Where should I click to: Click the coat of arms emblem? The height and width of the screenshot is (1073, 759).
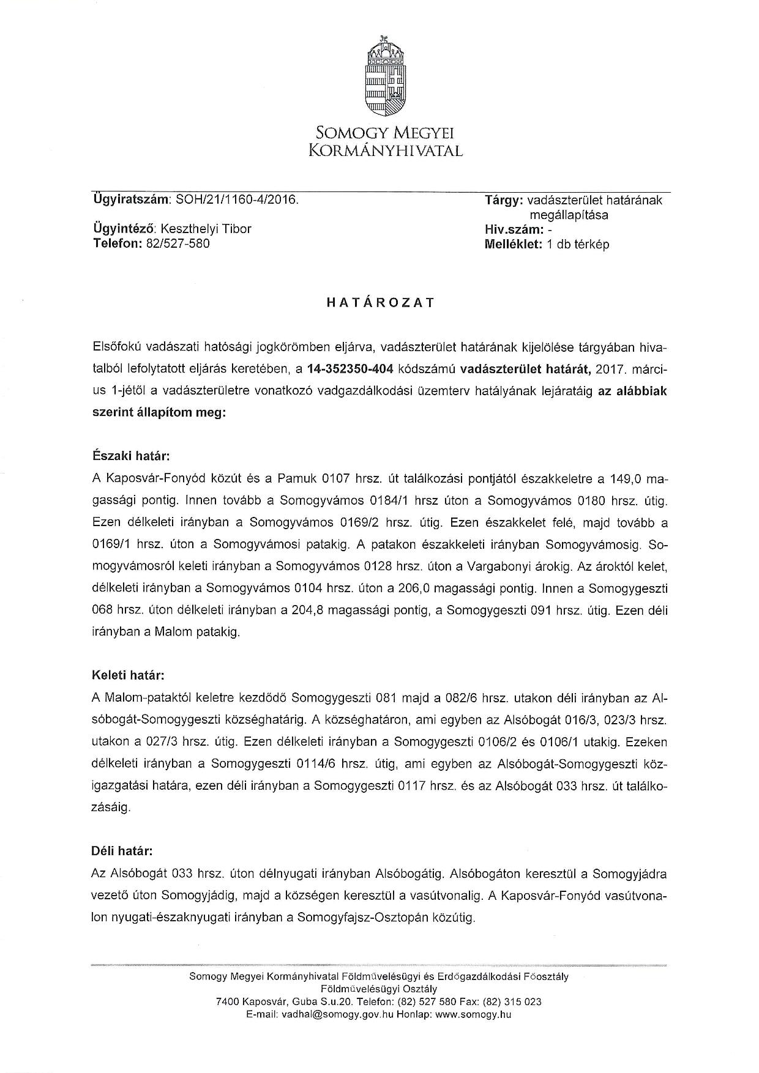click(385, 76)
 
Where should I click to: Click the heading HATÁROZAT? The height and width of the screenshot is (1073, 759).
click(380, 302)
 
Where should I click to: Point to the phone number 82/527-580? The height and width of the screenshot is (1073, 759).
click(178, 243)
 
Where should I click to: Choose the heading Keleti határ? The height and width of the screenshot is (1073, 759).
click(128, 676)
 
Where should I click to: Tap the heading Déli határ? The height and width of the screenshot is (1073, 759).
click(122, 851)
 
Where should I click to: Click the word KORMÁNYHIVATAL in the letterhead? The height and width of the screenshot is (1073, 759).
click(385, 150)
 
